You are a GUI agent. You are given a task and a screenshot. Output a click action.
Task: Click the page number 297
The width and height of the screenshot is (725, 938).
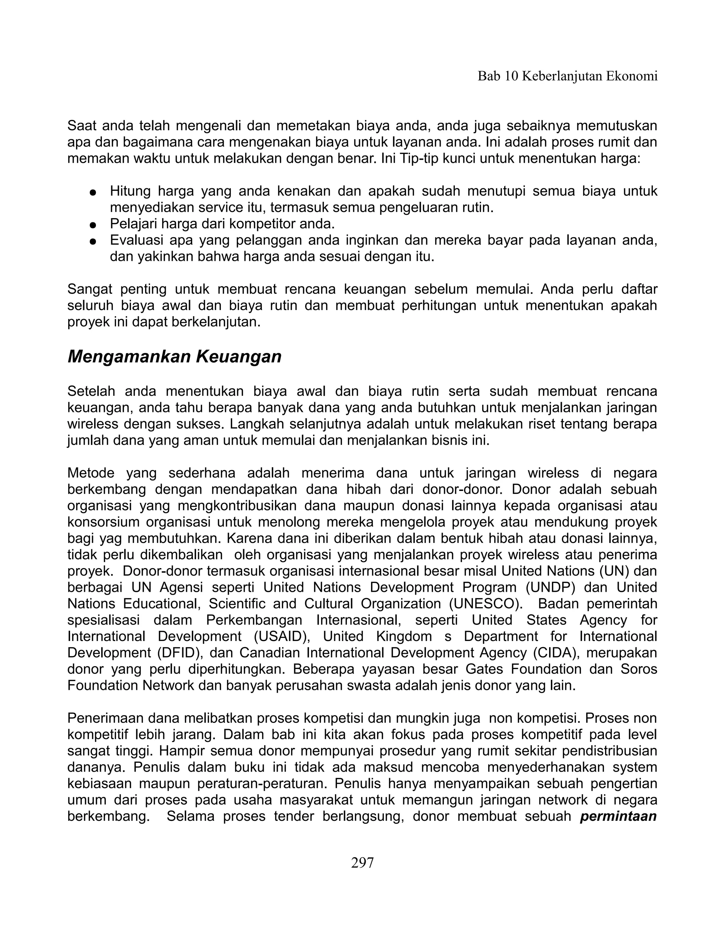(x=362, y=862)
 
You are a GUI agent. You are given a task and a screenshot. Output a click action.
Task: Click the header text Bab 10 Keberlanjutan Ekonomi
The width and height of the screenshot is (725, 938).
(x=567, y=76)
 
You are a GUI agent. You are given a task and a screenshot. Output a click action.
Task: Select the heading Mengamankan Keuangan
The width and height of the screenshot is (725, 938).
(x=175, y=356)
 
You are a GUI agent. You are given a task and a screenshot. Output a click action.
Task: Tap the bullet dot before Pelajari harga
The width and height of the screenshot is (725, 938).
(x=92, y=225)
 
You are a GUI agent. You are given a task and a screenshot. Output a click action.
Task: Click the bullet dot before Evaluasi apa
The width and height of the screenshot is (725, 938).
(x=92, y=241)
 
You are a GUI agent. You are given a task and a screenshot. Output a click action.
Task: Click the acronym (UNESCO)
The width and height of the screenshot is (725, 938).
(x=486, y=604)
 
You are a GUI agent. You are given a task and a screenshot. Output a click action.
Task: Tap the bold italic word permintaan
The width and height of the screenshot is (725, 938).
(x=618, y=816)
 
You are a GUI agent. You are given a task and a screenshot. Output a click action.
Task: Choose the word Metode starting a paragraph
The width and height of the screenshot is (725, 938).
(x=91, y=473)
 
